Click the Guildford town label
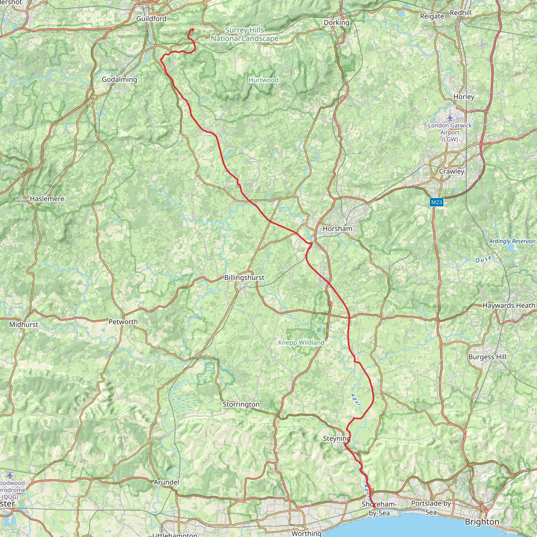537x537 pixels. [x=151, y=19]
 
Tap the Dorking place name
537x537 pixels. [x=336, y=23]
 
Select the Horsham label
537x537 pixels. [x=337, y=229]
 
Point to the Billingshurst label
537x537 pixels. [x=244, y=278]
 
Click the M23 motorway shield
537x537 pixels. [x=436, y=202]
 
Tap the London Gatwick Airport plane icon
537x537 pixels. [x=450, y=118]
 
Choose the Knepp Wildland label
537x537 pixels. [x=301, y=343]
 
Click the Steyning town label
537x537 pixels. [x=336, y=439]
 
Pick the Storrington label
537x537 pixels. [x=241, y=404]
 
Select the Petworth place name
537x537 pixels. [x=123, y=322]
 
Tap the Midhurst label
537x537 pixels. [x=24, y=324]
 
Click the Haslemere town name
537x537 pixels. [x=47, y=199]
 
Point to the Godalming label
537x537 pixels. [x=120, y=79]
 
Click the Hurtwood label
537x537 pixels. [x=263, y=80]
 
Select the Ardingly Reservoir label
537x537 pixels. [x=512, y=241]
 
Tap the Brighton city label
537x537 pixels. [x=482, y=522]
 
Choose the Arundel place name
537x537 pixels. [x=166, y=482]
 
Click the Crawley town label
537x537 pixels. [x=452, y=171]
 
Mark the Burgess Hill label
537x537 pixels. [x=487, y=357]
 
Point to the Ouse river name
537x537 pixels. [x=483, y=259]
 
